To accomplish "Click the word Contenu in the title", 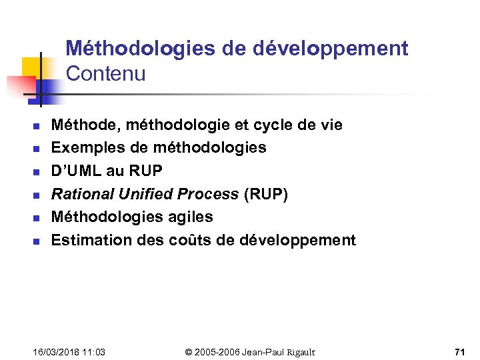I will pos(105,74).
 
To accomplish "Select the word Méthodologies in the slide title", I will pos(141,49).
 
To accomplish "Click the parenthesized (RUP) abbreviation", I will pos(266,194).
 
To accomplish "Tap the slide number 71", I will pos(459,351).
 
